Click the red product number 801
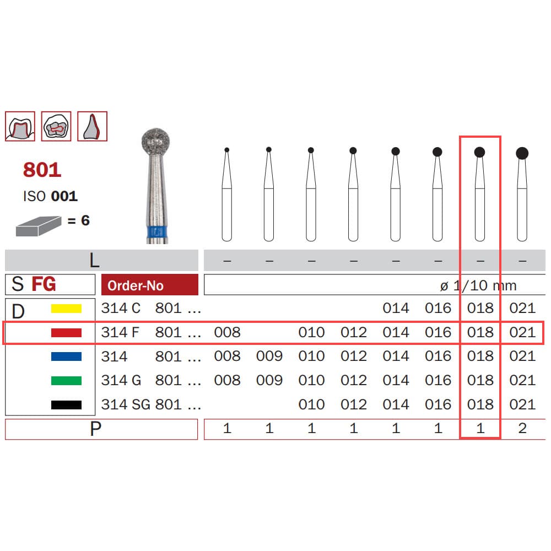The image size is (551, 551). coord(42,170)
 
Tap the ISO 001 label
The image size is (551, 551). coord(50,196)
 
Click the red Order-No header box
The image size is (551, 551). coord(150,285)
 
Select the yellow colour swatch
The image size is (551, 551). coord(66,309)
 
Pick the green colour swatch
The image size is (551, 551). coord(66,381)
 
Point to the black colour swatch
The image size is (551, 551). coord(66,405)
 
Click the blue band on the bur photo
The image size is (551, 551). coord(157,232)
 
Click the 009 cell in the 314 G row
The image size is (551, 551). coord(269,380)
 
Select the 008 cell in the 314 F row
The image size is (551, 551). coord(228,332)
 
